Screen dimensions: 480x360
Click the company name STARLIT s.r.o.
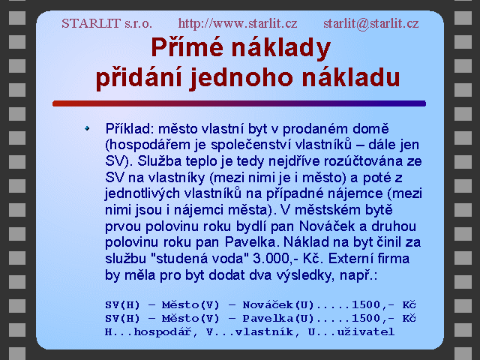pyautogui.click(x=106, y=23)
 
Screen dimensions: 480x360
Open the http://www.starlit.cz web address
pyautogui.click(x=238, y=23)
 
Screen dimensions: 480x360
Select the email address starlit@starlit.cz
pyautogui.click(x=371, y=23)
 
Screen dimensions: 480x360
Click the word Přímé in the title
pyautogui.click(x=187, y=47)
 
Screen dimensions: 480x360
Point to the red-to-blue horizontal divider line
pyautogui.click(x=239, y=103)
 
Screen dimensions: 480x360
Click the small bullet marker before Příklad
pyautogui.click(x=87, y=128)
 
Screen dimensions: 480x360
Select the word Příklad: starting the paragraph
pyautogui.click(x=130, y=129)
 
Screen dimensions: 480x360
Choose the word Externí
pyautogui.click(x=346, y=259)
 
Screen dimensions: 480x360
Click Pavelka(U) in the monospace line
pyautogui.click(x=278, y=318)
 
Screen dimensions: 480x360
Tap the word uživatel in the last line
pyautogui.click(x=366, y=331)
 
